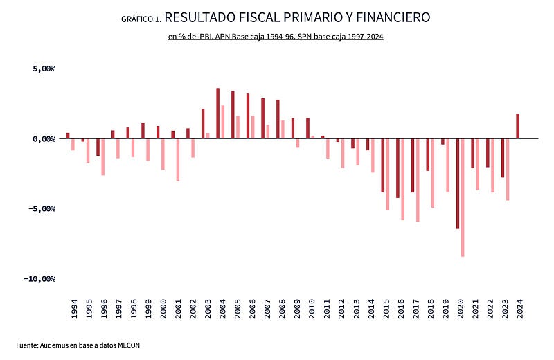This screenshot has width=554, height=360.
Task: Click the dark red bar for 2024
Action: click(x=517, y=126)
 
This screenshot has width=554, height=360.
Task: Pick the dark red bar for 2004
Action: click(x=217, y=114)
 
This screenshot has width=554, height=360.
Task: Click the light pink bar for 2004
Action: click(x=222, y=122)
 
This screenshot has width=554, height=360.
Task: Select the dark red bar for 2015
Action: click(x=382, y=165)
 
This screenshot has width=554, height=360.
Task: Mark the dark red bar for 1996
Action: click(x=98, y=147)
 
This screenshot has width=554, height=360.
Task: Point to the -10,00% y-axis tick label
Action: click(x=40, y=279)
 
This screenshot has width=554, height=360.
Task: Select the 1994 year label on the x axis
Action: click(x=74, y=309)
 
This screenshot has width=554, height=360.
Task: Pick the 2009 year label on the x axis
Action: click(x=297, y=309)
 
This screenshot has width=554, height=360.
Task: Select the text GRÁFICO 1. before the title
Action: click(x=141, y=19)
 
